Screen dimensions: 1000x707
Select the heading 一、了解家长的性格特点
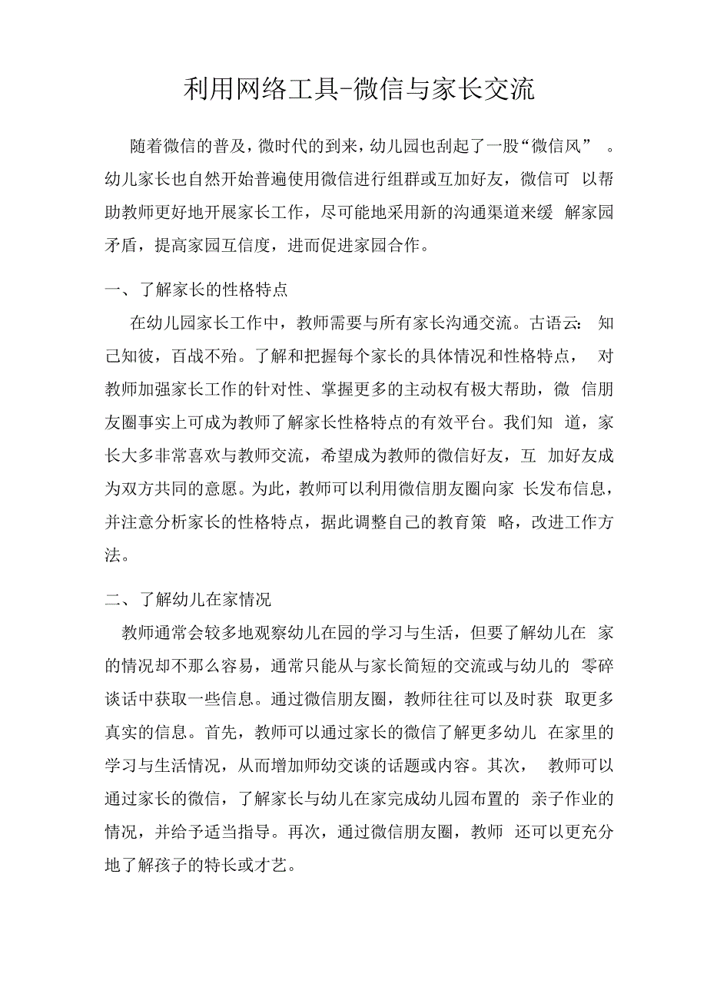196,290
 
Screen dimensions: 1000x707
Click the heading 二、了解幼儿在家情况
188,599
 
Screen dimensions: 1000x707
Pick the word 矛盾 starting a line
121,246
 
